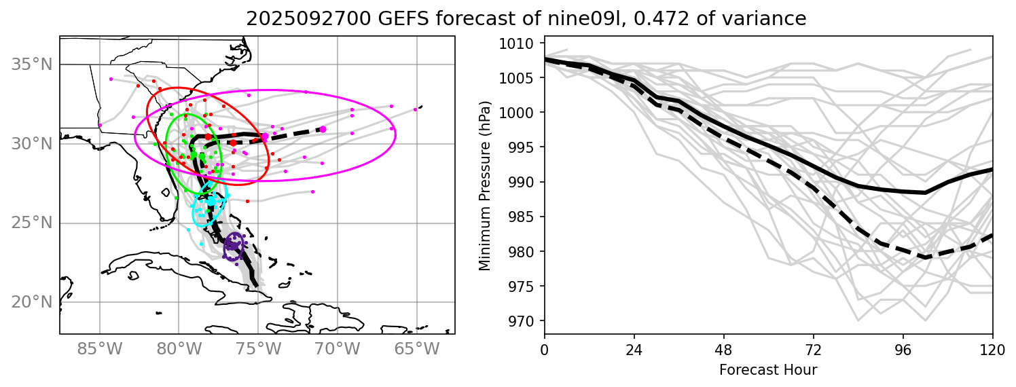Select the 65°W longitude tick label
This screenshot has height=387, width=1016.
point(416,351)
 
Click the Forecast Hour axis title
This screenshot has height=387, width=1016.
point(768,370)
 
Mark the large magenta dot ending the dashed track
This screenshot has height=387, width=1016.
point(323,129)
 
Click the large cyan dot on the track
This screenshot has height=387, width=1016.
point(212,201)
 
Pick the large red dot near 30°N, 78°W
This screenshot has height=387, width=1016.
point(208,137)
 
